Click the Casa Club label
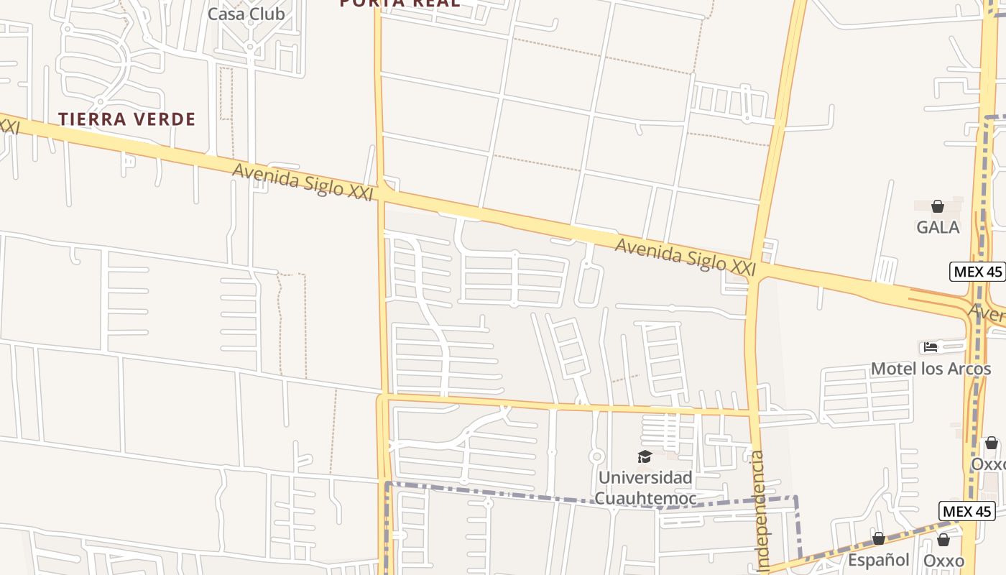coord(246,14)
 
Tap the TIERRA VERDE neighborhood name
coord(126,119)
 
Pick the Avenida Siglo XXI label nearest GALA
coord(686,257)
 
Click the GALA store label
coord(937,227)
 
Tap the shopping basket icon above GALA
coord(937,207)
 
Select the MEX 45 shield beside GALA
coord(977,272)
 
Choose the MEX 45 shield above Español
coord(966,511)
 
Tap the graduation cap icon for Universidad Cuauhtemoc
coord(645,457)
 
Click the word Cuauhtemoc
coord(645,498)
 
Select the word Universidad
coord(645,477)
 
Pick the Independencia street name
coord(759,510)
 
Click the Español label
coord(878,559)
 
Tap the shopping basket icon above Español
coord(878,538)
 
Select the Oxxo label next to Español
coord(943,560)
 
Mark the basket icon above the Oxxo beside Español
coord(943,540)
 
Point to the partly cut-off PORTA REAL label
coord(400,3)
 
